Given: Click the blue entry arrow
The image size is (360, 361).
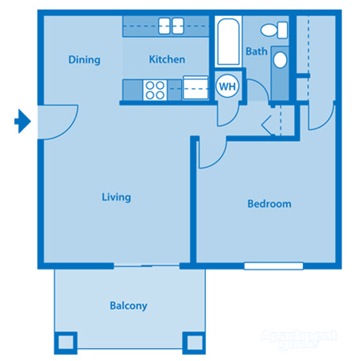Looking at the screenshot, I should coord(23,122).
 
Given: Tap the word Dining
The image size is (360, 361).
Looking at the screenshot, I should coord(84,59).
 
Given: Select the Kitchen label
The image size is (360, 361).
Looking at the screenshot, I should coord(167,59).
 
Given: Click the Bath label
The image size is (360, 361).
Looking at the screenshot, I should coord(256,51).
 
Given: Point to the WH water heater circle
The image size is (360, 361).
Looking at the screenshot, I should coord(226,85).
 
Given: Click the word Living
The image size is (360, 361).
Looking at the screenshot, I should coord(116,197).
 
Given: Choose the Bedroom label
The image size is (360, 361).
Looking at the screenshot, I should coord(269,204).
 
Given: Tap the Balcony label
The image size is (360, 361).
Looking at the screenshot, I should coord(128,306).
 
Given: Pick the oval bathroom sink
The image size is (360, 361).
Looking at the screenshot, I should coord(280,60).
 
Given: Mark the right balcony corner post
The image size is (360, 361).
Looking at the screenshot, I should coord(194,343).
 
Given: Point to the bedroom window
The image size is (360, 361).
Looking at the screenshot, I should coord(273,266).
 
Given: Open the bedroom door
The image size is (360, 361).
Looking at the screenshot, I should coord(211,152).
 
